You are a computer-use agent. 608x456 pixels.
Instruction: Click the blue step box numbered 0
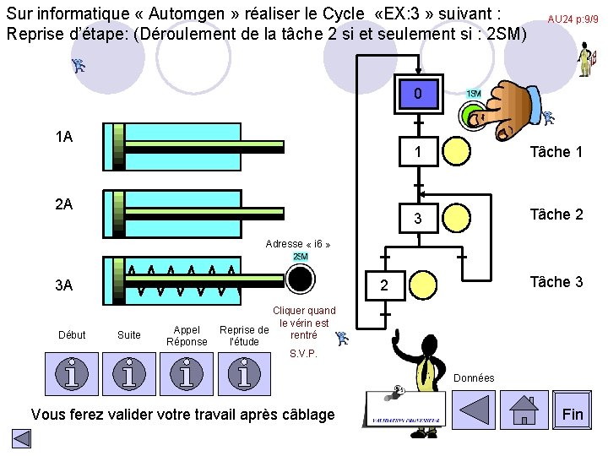click(418, 94)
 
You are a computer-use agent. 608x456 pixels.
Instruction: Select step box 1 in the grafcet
click(418, 152)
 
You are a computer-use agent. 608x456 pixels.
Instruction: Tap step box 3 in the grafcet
click(418, 220)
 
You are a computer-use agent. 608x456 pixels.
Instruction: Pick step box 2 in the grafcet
click(383, 285)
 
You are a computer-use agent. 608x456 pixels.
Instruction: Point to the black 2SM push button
click(300, 277)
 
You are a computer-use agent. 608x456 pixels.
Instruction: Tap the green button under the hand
click(470, 116)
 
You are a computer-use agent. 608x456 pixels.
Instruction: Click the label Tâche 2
click(556, 214)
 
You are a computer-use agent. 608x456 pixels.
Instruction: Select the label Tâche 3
click(556, 282)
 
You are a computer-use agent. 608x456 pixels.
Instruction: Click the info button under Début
click(72, 373)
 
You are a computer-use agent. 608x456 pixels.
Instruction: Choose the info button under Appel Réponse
click(187, 373)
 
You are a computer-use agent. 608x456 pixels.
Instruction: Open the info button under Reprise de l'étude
click(243, 373)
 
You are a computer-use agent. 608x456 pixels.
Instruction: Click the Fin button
click(573, 414)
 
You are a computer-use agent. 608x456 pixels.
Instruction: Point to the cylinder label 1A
click(63, 137)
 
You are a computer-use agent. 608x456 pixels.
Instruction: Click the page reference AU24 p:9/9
click(573, 19)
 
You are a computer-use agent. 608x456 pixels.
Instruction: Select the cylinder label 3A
click(63, 285)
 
